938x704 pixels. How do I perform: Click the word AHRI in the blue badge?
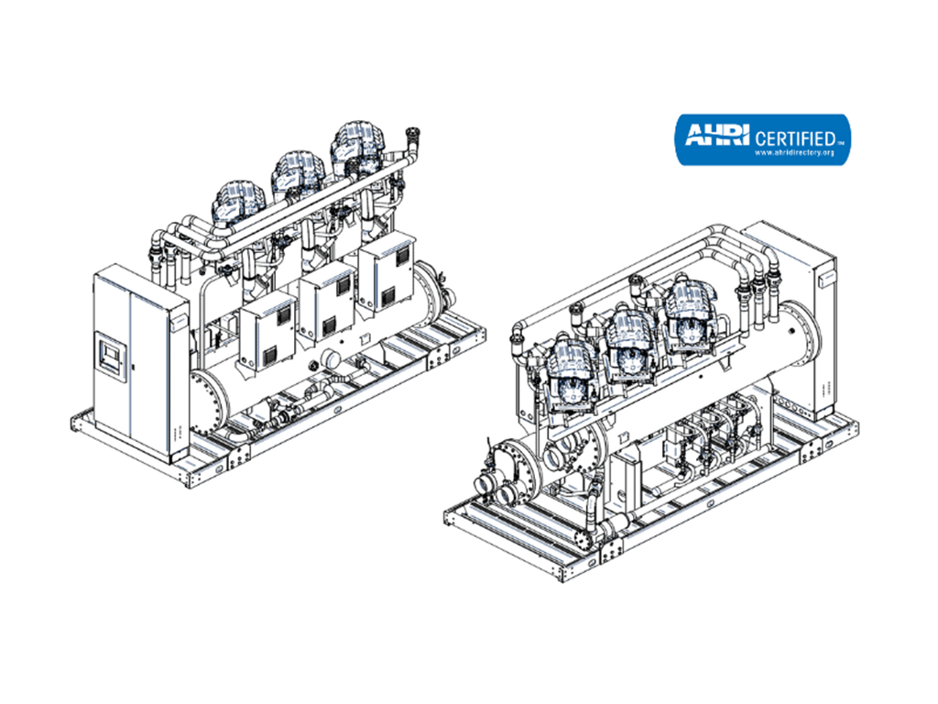click(716, 135)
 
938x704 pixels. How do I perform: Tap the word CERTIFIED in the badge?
click(796, 139)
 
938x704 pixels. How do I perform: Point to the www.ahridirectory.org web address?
click(794, 153)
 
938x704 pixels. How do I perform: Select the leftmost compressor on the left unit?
click(238, 201)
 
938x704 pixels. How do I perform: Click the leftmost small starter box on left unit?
click(267, 335)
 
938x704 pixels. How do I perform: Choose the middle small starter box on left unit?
click(327, 305)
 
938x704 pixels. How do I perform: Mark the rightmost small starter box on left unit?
click(387, 273)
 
